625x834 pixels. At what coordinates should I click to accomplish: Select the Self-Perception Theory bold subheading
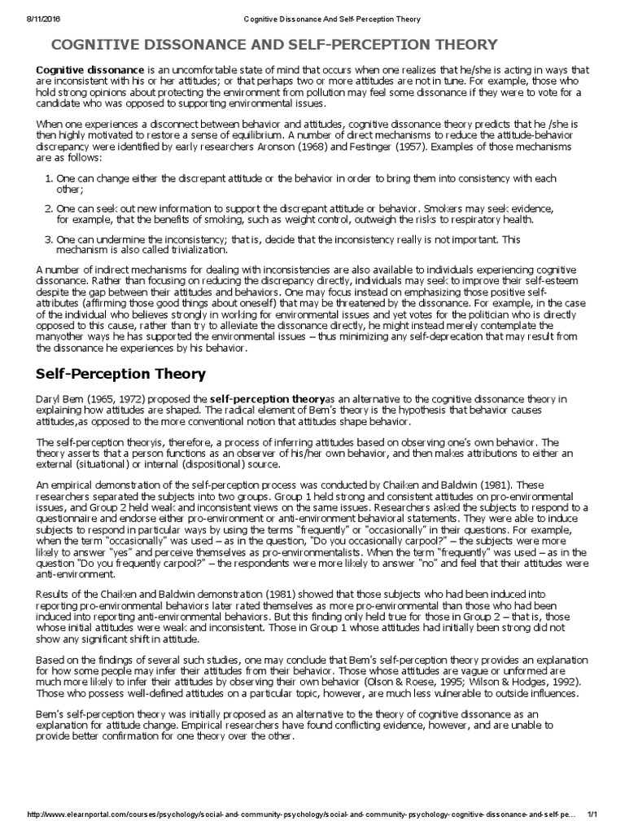pos(121,374)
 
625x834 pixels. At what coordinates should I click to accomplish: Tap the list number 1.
pos(48,178)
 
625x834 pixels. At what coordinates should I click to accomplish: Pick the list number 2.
pos(48,208)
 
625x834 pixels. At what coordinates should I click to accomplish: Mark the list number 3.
pos(48,239)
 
